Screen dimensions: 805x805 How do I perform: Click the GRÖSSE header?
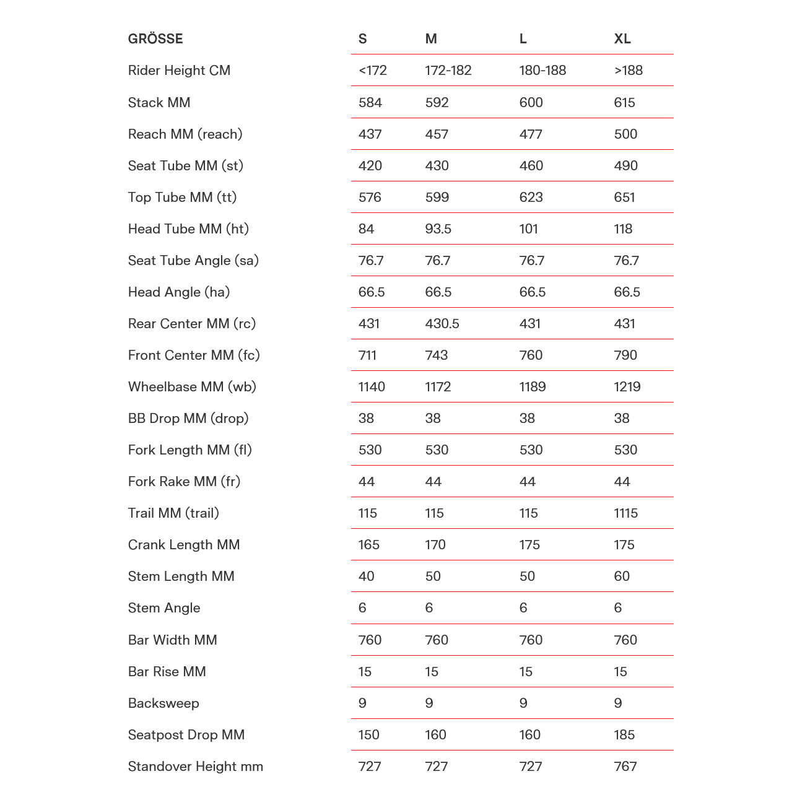(x=155, y=39)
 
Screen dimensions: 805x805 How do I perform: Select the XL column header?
(x=622, y=39)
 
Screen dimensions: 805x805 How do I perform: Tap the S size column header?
(x=363, y=39)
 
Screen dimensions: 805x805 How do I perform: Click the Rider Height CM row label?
(x=179, y=71)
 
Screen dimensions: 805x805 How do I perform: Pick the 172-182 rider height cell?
(x=448, y=71)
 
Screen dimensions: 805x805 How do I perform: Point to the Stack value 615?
(x=624, y=102)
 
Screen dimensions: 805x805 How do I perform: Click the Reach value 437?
(x=370, y=134)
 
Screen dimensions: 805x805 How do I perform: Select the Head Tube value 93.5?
(x=438, y=228)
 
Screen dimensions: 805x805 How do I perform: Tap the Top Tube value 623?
(x=531, y=197)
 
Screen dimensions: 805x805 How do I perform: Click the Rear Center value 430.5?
(x=442, y=323)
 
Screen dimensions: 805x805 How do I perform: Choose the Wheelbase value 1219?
(x=627, y=386)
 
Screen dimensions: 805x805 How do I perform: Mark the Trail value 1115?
(x=626, y=513)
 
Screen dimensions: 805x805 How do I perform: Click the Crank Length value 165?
(x=369, y=544)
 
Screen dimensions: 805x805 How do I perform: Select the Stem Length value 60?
(x=622, y=576)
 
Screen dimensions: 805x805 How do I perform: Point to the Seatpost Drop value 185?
(x=624, y=734)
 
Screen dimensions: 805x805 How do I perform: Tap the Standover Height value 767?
(x=625, y=766)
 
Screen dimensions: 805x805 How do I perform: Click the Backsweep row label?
(x=163, y=703)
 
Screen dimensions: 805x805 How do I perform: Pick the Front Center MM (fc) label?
(x=194, y=355)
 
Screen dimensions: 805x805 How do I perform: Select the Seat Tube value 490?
(x=626, y=165)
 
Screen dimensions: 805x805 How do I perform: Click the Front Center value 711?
(x=368, y=355)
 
